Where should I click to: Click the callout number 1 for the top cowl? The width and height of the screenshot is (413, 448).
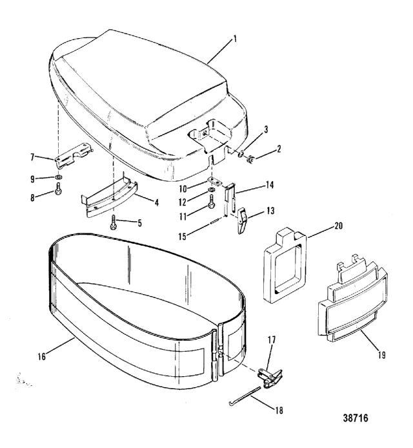click(235, 39)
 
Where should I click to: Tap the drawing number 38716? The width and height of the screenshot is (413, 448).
click(356, 418)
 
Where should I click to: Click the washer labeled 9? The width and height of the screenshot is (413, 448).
click(59, 177)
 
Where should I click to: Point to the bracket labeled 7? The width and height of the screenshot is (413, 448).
click(74, 155)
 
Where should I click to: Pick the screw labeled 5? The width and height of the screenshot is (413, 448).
click(113, 224)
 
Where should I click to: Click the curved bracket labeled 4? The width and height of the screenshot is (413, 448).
click(110, 198)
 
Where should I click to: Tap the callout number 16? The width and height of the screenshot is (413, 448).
click(42, 356)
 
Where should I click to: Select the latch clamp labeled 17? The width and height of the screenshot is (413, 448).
click(270, 378)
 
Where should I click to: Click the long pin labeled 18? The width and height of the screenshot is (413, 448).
click(245, 396)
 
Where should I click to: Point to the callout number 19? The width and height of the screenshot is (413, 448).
click(381, 355)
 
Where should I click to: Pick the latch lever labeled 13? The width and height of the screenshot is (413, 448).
click(242, 220)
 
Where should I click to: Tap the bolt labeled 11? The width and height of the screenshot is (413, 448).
click(212, 202)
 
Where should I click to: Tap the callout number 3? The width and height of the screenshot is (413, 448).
click(266, 129)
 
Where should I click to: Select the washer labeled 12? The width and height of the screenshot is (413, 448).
click(212, 190)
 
